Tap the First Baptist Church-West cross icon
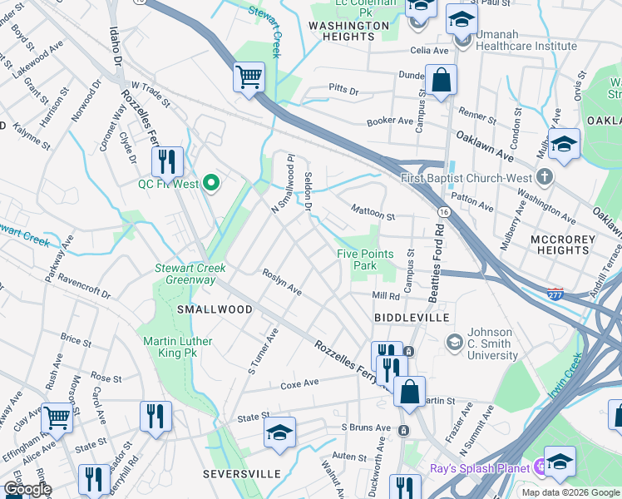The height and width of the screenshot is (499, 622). tap(544, 177)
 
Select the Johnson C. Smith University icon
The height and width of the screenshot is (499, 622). tap(455, 342)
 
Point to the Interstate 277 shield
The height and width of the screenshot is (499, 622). tap(556, 294)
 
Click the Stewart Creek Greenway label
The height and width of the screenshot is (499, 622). tap(185, 274)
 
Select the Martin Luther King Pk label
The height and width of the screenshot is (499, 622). tap(178, 347)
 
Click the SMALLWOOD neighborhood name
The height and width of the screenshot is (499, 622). tap(215, 309)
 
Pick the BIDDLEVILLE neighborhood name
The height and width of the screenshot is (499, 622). tap(412, 318)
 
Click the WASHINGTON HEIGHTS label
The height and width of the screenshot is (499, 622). tap(348, 31)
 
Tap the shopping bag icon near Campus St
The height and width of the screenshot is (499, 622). tap(441, 82)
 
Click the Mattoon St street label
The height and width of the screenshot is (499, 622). tap(371, 212)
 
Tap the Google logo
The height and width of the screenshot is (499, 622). tap(27, 490)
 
